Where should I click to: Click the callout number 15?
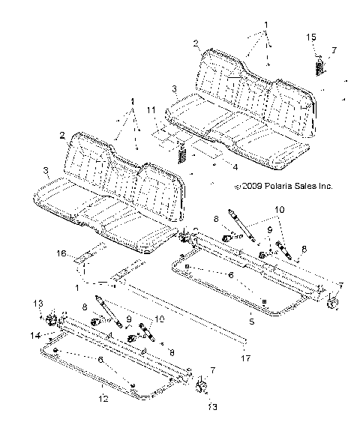tap(311, 37)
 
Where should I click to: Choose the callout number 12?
tap(103, 398)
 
